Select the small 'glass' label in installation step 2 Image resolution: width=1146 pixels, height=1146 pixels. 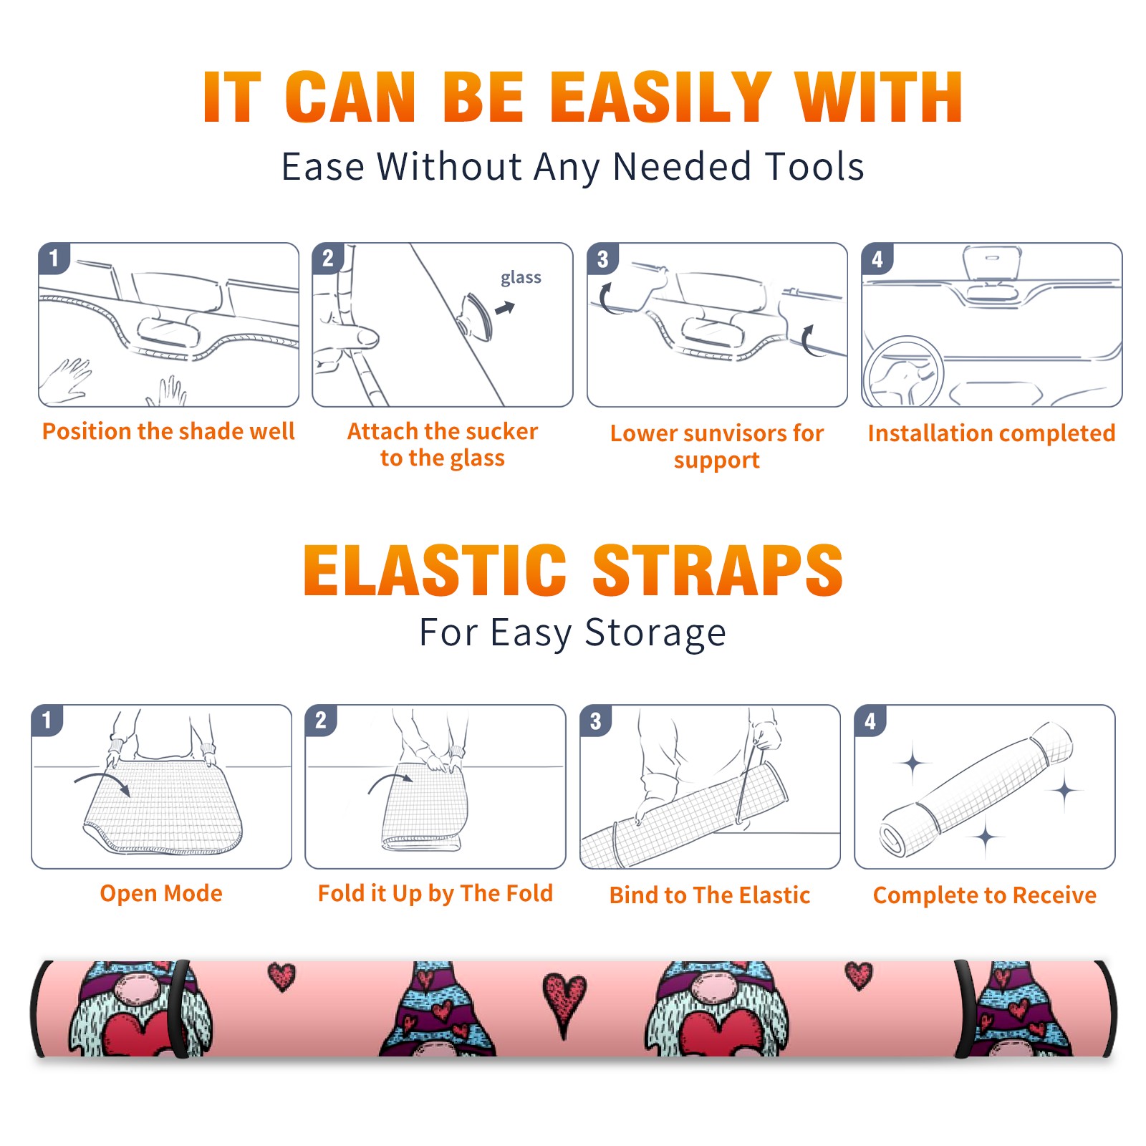click(x=521, y=277)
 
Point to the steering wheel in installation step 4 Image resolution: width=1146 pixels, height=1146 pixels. click(x=902, y=371)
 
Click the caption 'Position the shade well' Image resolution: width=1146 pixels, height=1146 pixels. click(x=168, y=431)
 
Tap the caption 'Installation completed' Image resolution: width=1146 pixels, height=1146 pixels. click(x=991, y=433)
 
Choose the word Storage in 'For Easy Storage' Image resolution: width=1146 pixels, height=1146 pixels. click(x=655, y=633)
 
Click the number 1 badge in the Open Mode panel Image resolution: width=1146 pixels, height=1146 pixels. click(x=47, y=720)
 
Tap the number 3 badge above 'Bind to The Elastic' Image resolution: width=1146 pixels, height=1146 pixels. click(x=595, y=721)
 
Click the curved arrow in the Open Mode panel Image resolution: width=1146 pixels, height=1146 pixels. click(x=102, y=783)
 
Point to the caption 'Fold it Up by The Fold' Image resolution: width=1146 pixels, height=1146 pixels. click(x=435, y=893)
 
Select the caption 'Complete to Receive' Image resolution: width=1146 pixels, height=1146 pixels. click(x=985, y=895)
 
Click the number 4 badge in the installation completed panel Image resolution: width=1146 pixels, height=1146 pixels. click(x=877, y=259)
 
